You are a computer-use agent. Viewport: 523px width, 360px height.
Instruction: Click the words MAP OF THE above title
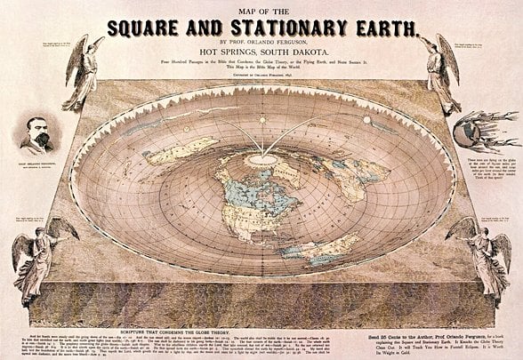pos(261,8)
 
